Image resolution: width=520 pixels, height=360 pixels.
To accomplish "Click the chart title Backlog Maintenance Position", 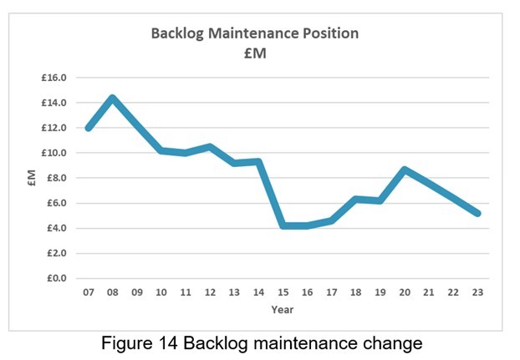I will click(x=254, y=34).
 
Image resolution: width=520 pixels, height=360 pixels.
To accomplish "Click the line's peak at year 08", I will click(x=112, y=99).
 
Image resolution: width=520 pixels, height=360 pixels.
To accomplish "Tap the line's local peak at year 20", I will click(x=404, y=170).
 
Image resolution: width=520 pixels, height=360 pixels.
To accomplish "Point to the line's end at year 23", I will click(x=477, y=213).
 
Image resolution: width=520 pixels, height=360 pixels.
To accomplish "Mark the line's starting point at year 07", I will click(x=88, y=128).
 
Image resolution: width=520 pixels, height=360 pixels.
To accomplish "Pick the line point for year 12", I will click(x=210, y=147).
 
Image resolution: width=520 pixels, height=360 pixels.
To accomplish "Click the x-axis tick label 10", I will click(x=161, y=293).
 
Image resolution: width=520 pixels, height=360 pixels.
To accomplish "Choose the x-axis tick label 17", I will click(x=331, y=293).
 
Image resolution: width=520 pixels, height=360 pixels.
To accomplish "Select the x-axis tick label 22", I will click(x=453, y=293).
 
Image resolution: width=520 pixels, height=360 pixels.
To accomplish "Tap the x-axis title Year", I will click(x=282, y=310).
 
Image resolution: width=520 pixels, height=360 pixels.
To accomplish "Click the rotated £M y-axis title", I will click(x=31, y=177).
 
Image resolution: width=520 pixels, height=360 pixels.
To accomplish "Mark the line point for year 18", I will click(x=355, y=200).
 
